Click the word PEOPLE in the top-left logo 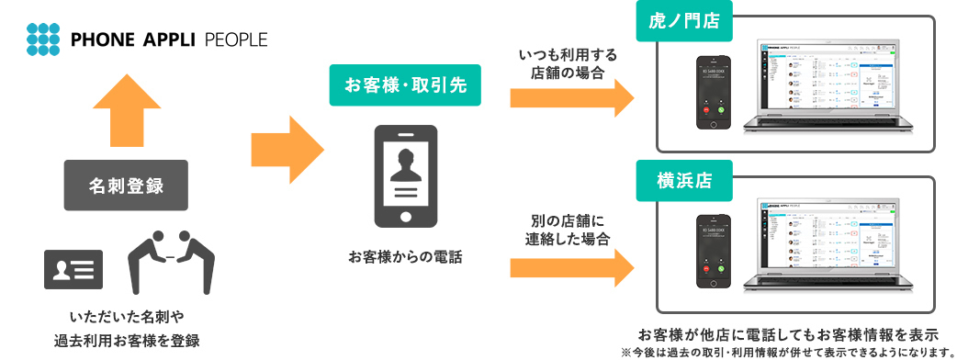click(237, 39)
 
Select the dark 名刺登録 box click(126, 186)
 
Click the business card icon click(73, 268)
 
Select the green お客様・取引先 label click(405, 85)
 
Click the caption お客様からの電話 click(405, 256)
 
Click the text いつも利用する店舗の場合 click(567, 63)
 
